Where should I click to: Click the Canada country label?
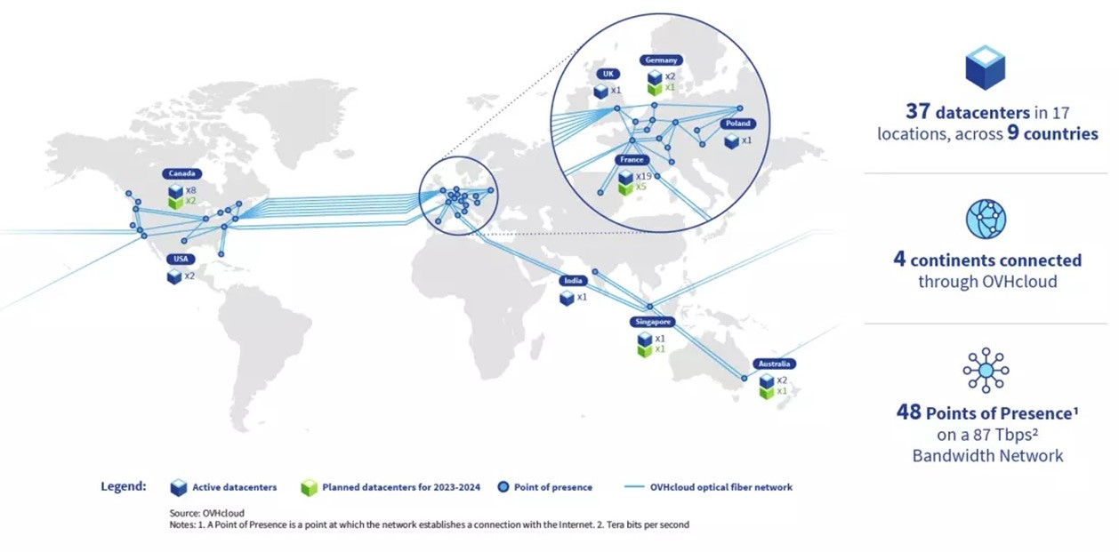tap(182, 173)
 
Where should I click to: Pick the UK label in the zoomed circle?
tap(607, 74)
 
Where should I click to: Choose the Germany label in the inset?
tap(661, 60)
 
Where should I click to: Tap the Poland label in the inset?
tap(737, 124)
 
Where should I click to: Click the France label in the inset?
tap(632, 160)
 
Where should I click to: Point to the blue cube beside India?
tap(567, 298)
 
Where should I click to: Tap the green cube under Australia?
tap(765, 393)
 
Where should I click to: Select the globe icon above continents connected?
tap(986, 220)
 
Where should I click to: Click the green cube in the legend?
tap(309, 487)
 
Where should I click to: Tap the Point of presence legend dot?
tap(504, 487)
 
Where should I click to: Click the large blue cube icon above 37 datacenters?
tap(986, 68)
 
